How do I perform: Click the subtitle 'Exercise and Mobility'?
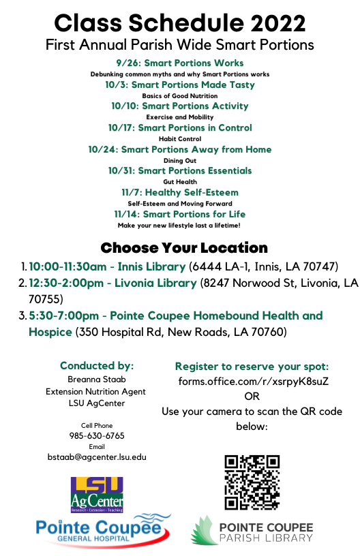tap(180, 117)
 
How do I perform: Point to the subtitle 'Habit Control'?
tap(180, 138)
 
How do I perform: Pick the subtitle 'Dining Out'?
tap(180, 160)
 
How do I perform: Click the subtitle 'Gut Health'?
tap(180, 182)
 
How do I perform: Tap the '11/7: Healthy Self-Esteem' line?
tap(180, 192)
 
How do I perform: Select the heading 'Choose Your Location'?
tap(184, 247)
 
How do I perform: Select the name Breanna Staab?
tap(97, 380)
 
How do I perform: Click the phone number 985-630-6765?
tap(97, 435)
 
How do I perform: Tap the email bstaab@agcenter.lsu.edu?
tap(97, 457)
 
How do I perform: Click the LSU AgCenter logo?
tap(97, 494)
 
